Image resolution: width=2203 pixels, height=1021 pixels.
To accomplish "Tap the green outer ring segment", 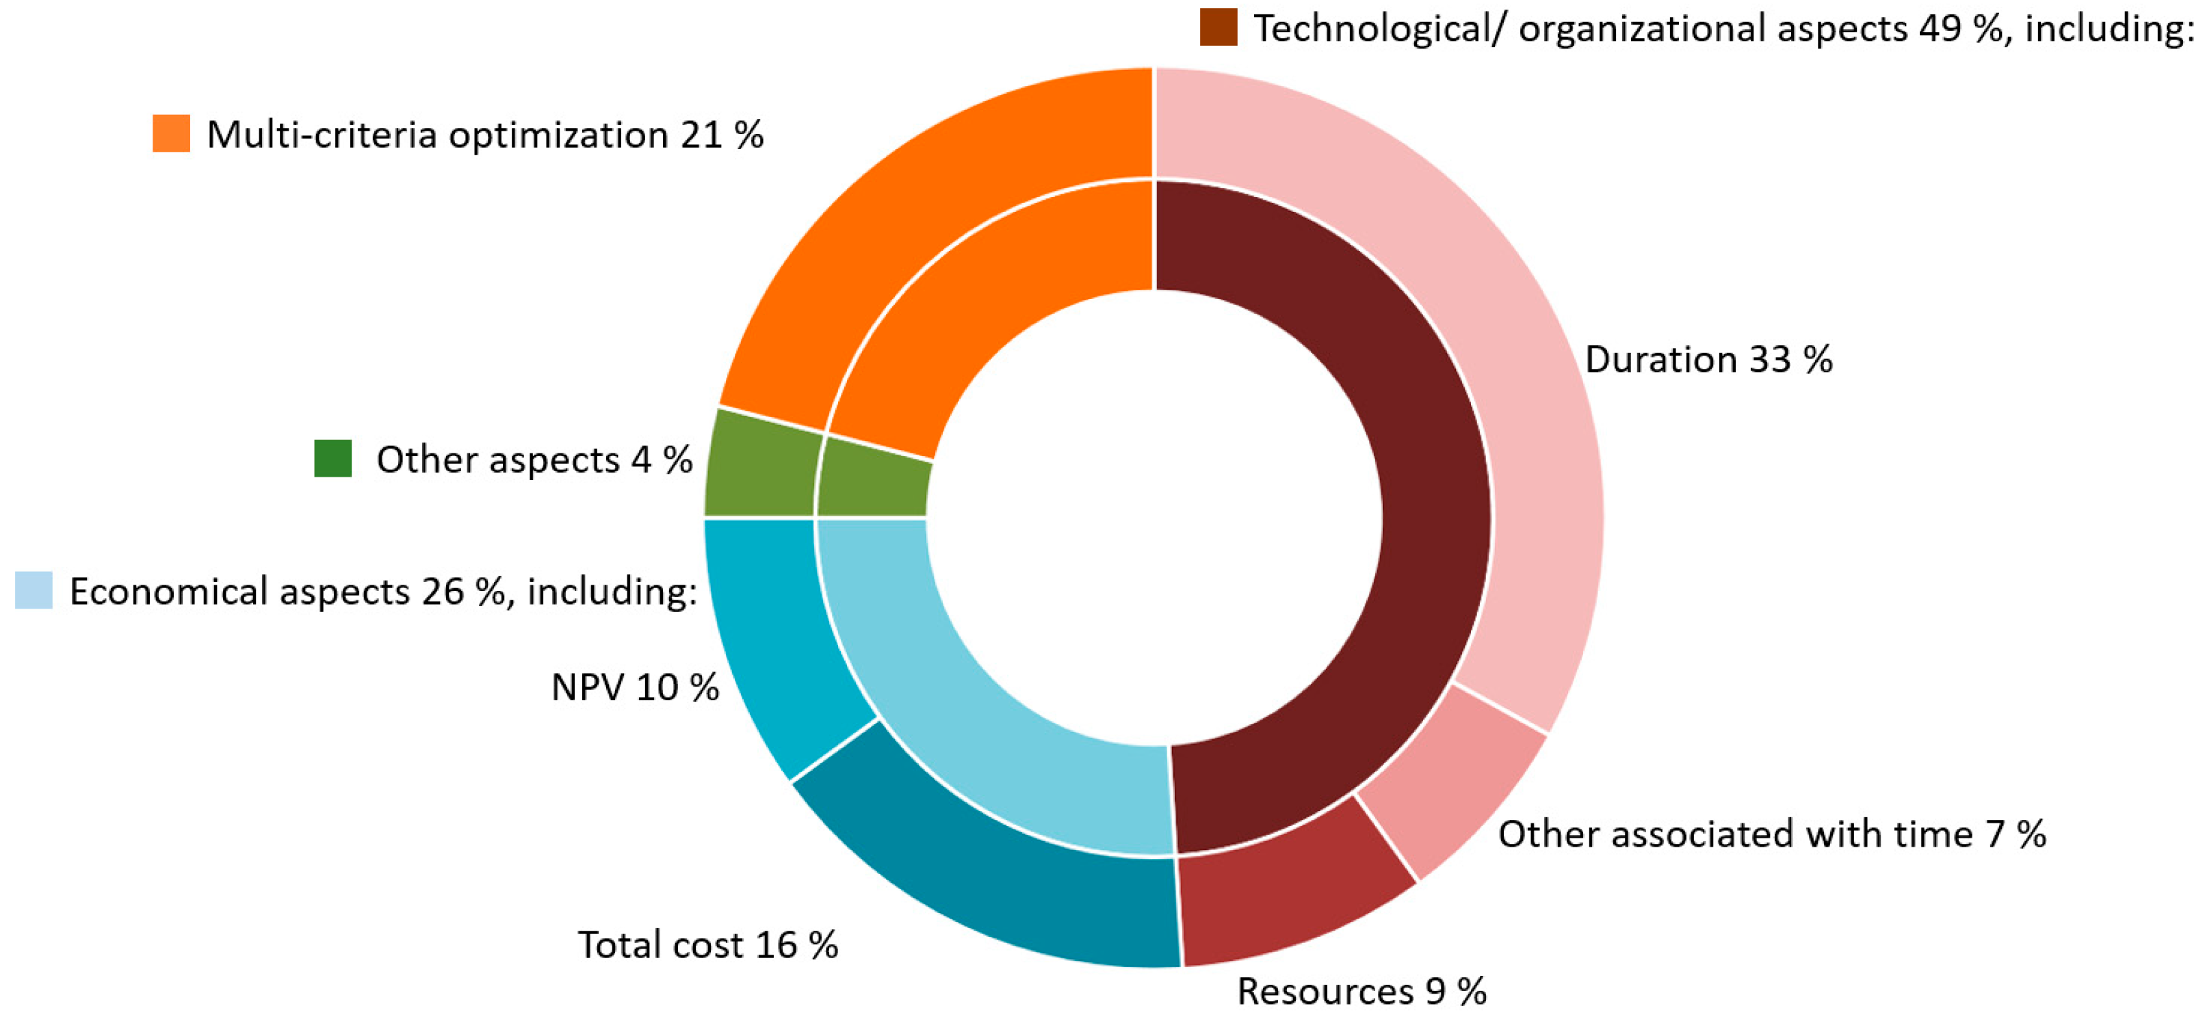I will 759,466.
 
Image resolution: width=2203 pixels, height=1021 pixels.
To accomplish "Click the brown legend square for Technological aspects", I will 1218,27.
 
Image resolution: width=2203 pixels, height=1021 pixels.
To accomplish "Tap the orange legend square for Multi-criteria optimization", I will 171,133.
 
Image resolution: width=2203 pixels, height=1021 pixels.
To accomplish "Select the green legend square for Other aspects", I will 333,458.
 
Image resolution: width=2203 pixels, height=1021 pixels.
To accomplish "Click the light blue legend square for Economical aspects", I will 34,590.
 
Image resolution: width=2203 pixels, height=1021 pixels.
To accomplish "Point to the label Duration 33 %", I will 1708,359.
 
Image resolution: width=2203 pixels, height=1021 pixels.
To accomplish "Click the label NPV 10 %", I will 635,687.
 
